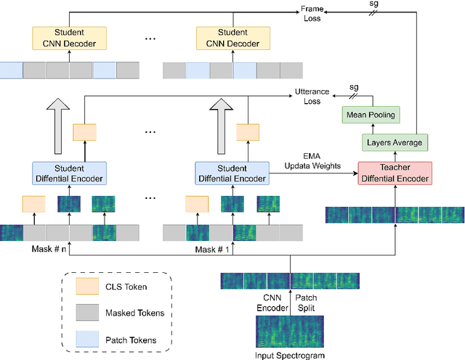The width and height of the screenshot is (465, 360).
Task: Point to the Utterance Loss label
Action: [311, 97]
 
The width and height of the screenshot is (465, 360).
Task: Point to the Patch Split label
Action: [308, 302]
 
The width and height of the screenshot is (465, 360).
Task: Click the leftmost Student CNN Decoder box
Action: [70, 38]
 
